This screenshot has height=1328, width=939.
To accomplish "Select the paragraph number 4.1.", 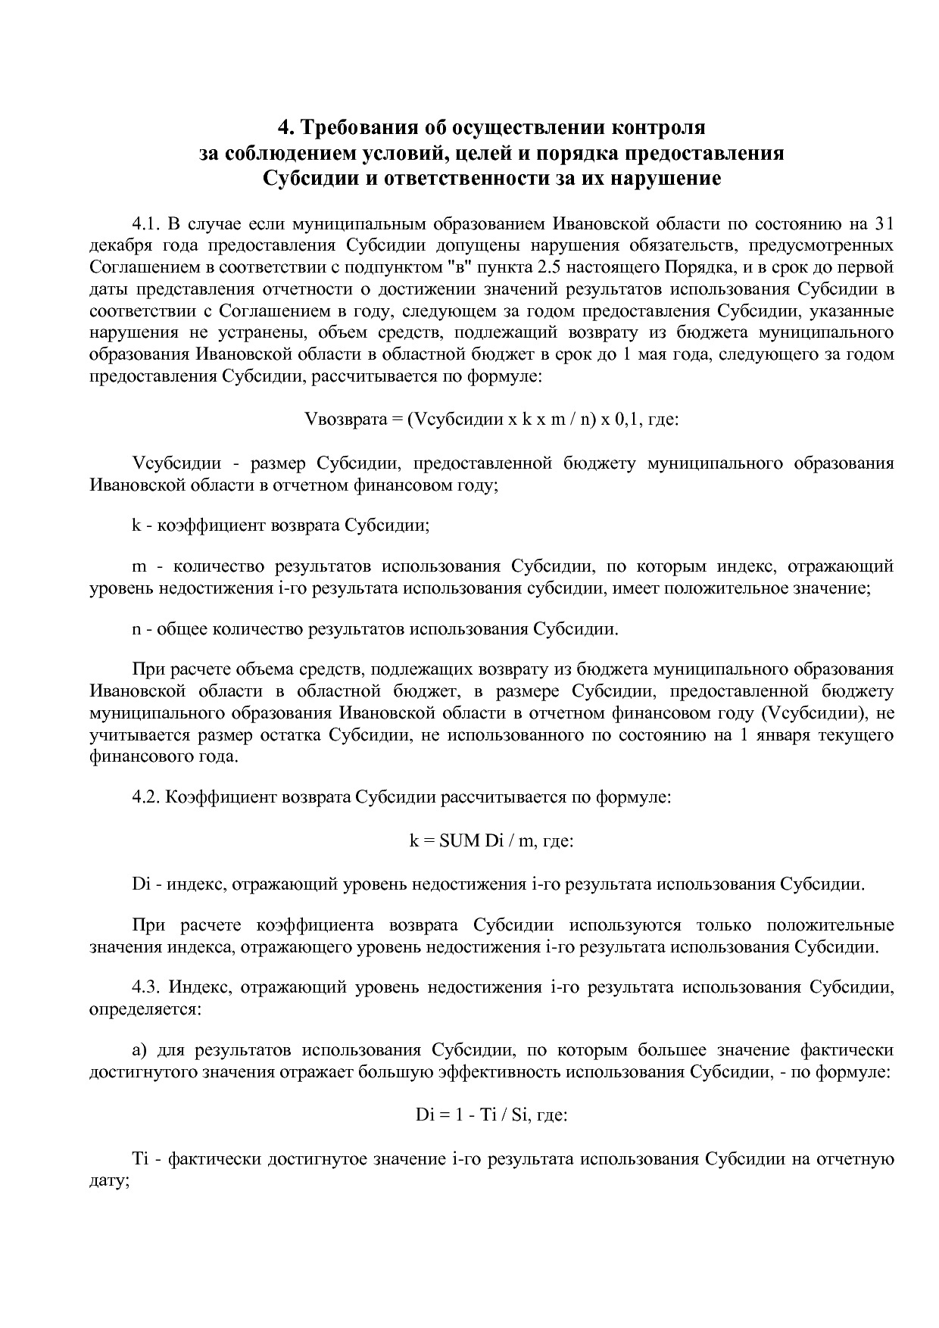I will point(147,224).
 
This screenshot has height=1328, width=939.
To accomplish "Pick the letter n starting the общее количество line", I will point(136,628).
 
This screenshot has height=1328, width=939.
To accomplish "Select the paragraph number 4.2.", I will point(147,797).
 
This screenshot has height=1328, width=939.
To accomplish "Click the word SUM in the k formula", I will point(459,840).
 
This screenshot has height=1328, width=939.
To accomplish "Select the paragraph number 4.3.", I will point(147,987).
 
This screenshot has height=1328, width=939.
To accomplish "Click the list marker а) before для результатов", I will point(139,1050).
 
